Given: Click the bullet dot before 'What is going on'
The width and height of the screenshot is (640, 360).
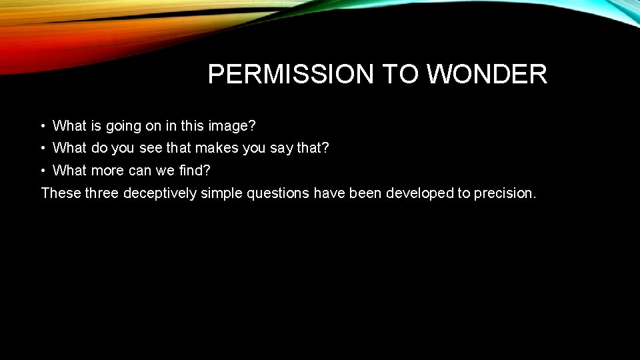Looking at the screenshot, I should coord(42,125).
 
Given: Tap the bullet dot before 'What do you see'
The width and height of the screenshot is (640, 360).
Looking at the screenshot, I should coord(42,148).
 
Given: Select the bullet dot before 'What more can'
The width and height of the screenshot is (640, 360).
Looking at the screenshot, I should coord(42,171).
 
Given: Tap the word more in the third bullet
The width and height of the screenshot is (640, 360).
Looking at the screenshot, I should coord(107,171).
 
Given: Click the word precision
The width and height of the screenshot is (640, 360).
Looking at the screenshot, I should coord(505,193).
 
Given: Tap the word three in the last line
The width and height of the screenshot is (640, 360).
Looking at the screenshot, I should coord(102,193).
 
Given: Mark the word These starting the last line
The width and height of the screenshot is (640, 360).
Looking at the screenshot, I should coord(61,193).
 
